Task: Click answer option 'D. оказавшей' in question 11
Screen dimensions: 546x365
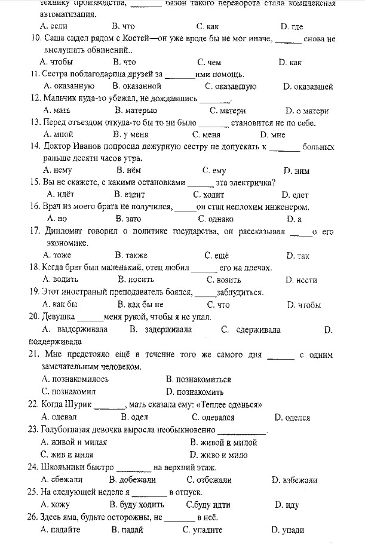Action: coord(308,87)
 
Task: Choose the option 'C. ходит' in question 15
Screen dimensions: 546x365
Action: coord(209,195)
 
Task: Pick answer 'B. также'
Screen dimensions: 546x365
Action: coord(131,256)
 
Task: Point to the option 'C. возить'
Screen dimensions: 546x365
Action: coord(224,280)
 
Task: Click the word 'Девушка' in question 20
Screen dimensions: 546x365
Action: coord(59,317)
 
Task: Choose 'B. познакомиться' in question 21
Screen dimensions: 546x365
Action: coord(199,379)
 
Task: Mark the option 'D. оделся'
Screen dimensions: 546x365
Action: coord(292,418)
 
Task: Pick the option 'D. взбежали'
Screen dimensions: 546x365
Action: coord(295,480)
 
